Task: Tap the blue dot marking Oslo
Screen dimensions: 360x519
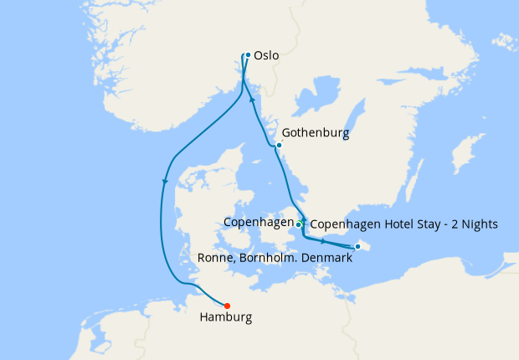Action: [248, 56]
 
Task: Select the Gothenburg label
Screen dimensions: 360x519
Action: [316, 132]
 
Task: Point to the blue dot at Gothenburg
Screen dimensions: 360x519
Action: [279, 146]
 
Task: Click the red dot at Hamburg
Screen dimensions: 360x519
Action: [228, 306]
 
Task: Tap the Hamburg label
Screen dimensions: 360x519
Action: [226, 318]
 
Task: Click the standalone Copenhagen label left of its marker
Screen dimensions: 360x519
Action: [258, 223]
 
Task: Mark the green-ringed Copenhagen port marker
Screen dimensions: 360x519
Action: [299, 224]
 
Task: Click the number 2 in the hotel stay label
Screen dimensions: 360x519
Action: [448, 224]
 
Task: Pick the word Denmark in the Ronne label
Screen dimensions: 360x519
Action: [326, 259]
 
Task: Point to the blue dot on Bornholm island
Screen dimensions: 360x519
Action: [357, 246]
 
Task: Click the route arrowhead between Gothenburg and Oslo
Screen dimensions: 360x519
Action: [252, 99]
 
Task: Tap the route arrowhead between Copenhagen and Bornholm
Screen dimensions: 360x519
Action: [322, 240]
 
